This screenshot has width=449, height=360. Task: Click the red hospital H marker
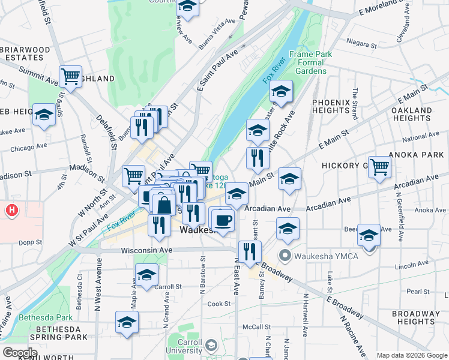pyautogui.click(x=11, y=211)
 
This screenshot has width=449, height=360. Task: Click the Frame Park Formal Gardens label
pyautogui.click(x=310, y=62)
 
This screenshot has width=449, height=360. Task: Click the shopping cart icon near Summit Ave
pyautogui.click(x=71, y=76)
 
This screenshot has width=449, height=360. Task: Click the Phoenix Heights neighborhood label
pyautogui.click(x=331, y=106)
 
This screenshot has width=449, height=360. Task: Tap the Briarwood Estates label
pyautogui.click(x=25, y=53)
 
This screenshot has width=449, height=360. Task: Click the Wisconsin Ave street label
pyautogui.click(x=146, y=250)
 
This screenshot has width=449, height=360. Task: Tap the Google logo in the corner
pyautogui.click(x=20, y=353)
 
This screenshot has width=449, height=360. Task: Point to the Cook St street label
pyautogui.click(x=218, y=304)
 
